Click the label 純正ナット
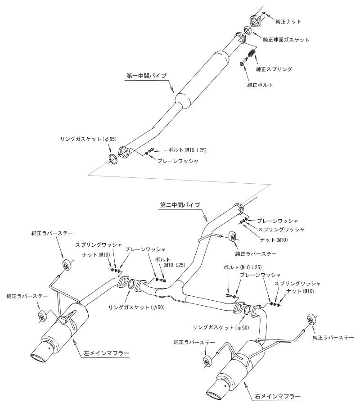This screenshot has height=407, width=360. [x=288, y=21]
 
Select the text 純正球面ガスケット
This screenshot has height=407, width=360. [x=286, y=40]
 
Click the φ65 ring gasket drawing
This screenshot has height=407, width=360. [x=113, y=158]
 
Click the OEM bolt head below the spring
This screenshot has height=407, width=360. [x=243, y=65]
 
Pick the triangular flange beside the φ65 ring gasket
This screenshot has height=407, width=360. [x=123, y=152]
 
